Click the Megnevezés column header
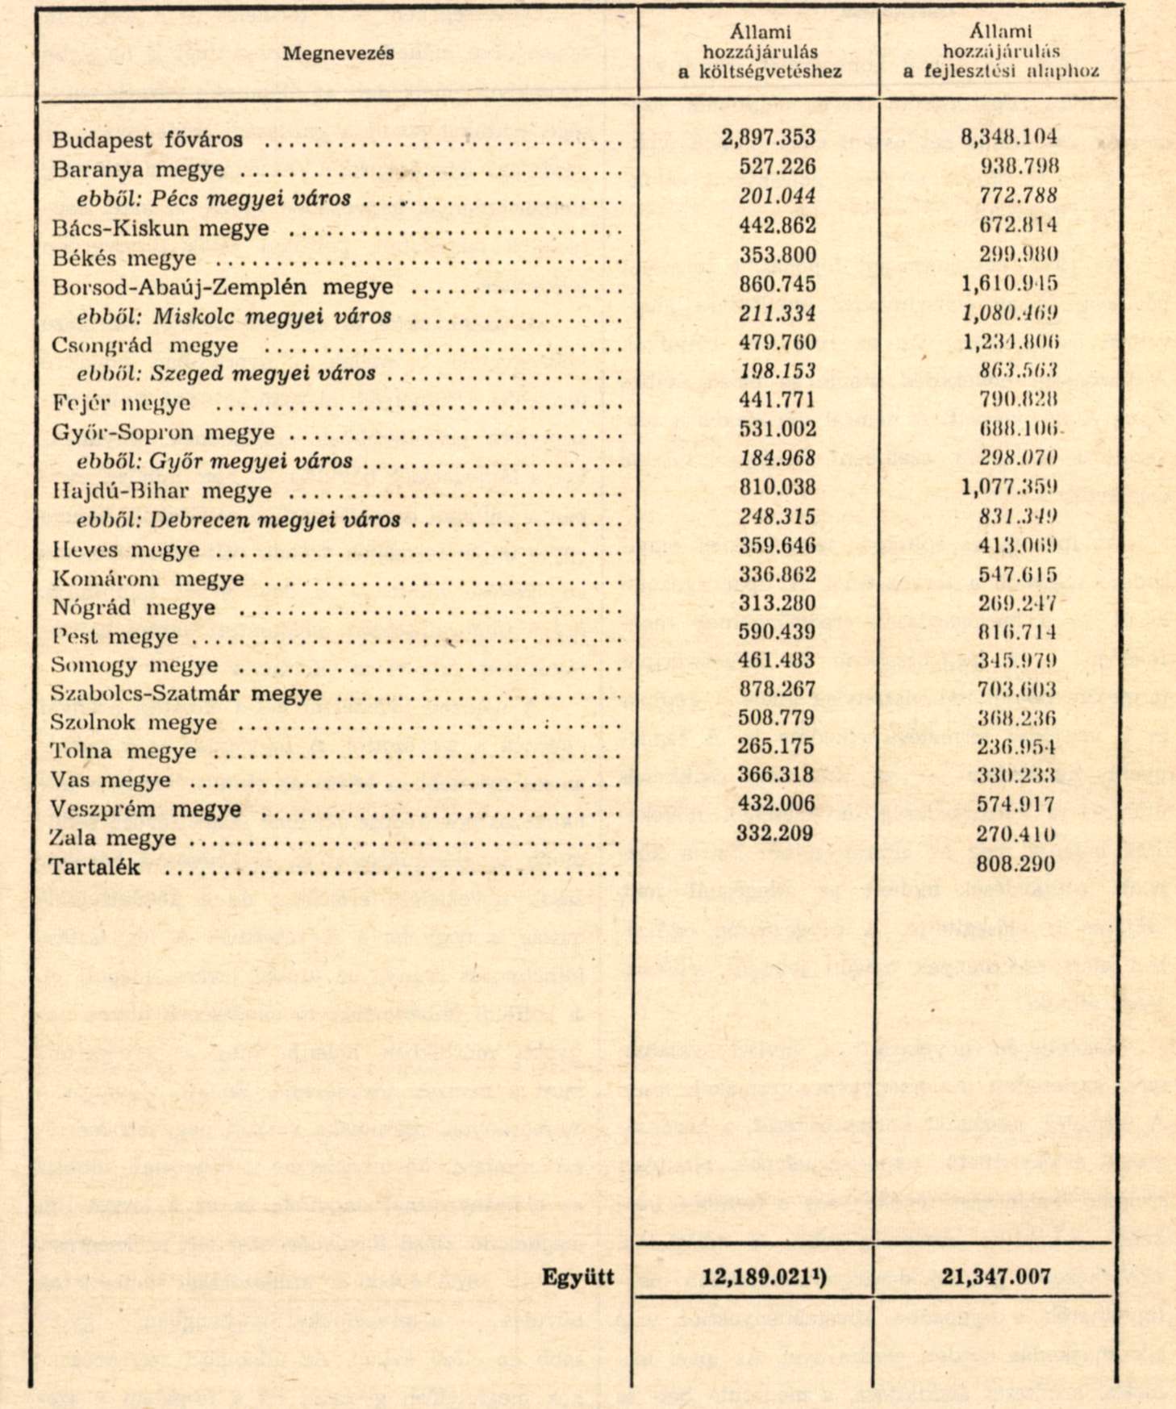pyautogui.click(x=338, y=53)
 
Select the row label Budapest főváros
pyautogui.click(x=148, y=140)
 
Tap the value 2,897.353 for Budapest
pyautogui.click(x=768, y=137)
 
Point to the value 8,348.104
pyautogui.click(x=1008, y=137)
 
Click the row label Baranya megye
pyautogui.click(x=139, y=169)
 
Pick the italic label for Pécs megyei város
pyautogui.click(x=214, y=198)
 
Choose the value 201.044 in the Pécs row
pyautogui.click(x=778, y=196)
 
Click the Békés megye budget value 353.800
pyautogui.click(x=778, y=255)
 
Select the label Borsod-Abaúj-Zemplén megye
pyautogui.click(x=223, y=287)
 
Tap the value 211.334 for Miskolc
pyautogui.click(x=778, y=314)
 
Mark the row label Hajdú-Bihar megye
pyautogui.click(x=162, y=491)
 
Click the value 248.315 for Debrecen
pyautogui.click(x=778, y=517)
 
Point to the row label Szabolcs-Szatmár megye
pyautogui.click(x=186, y=694)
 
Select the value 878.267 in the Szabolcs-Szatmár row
pyautogui.click(x=776, y=690)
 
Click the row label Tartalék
pyautogui.click(x=95, y=868)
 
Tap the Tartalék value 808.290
pyautogui.click(x=1015, y=865)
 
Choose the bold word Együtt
pyautogui.click(x=578, y=1278)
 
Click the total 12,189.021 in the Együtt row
pyautogui.click(x=759, y=1278)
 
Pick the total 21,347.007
pyautogui.click(x=995, y=1277)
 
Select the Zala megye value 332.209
pyautogui.click(x=774, y=833)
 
